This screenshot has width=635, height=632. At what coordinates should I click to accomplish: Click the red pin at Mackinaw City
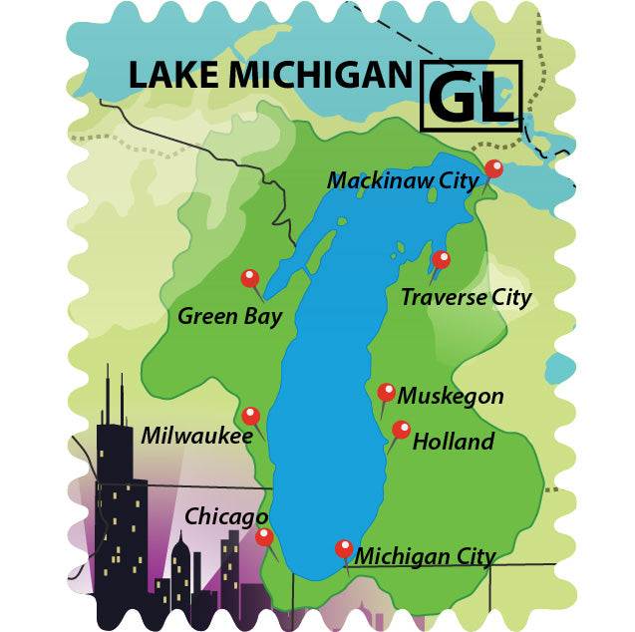coord(493,168)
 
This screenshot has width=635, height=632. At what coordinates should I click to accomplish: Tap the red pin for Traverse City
coord(441,259)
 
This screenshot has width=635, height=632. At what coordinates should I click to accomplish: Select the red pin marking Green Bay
coord(249,278)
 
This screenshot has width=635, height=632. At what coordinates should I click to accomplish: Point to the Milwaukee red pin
coord(250,416)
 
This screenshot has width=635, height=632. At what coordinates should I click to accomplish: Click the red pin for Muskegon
coord(387,392)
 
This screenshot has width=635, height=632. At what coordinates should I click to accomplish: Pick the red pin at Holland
coord(401,430)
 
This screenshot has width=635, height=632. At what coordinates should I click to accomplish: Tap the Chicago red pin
coord(264,536)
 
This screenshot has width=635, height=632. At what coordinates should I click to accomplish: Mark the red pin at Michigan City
coord(344,547)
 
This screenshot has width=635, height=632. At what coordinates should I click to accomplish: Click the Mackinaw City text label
coord(403,180)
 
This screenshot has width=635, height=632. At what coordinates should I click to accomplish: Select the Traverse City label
coord(466,297)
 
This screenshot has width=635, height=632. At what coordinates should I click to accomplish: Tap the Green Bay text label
coord(229,317)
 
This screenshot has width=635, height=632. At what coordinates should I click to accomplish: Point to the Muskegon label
coord(451,396)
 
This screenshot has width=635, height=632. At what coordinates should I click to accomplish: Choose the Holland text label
coord(454,441)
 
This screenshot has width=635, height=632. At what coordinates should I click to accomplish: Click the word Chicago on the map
coord(226,516)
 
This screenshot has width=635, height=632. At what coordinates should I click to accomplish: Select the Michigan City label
coord(426,556)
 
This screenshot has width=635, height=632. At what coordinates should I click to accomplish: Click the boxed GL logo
coord(472,96)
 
